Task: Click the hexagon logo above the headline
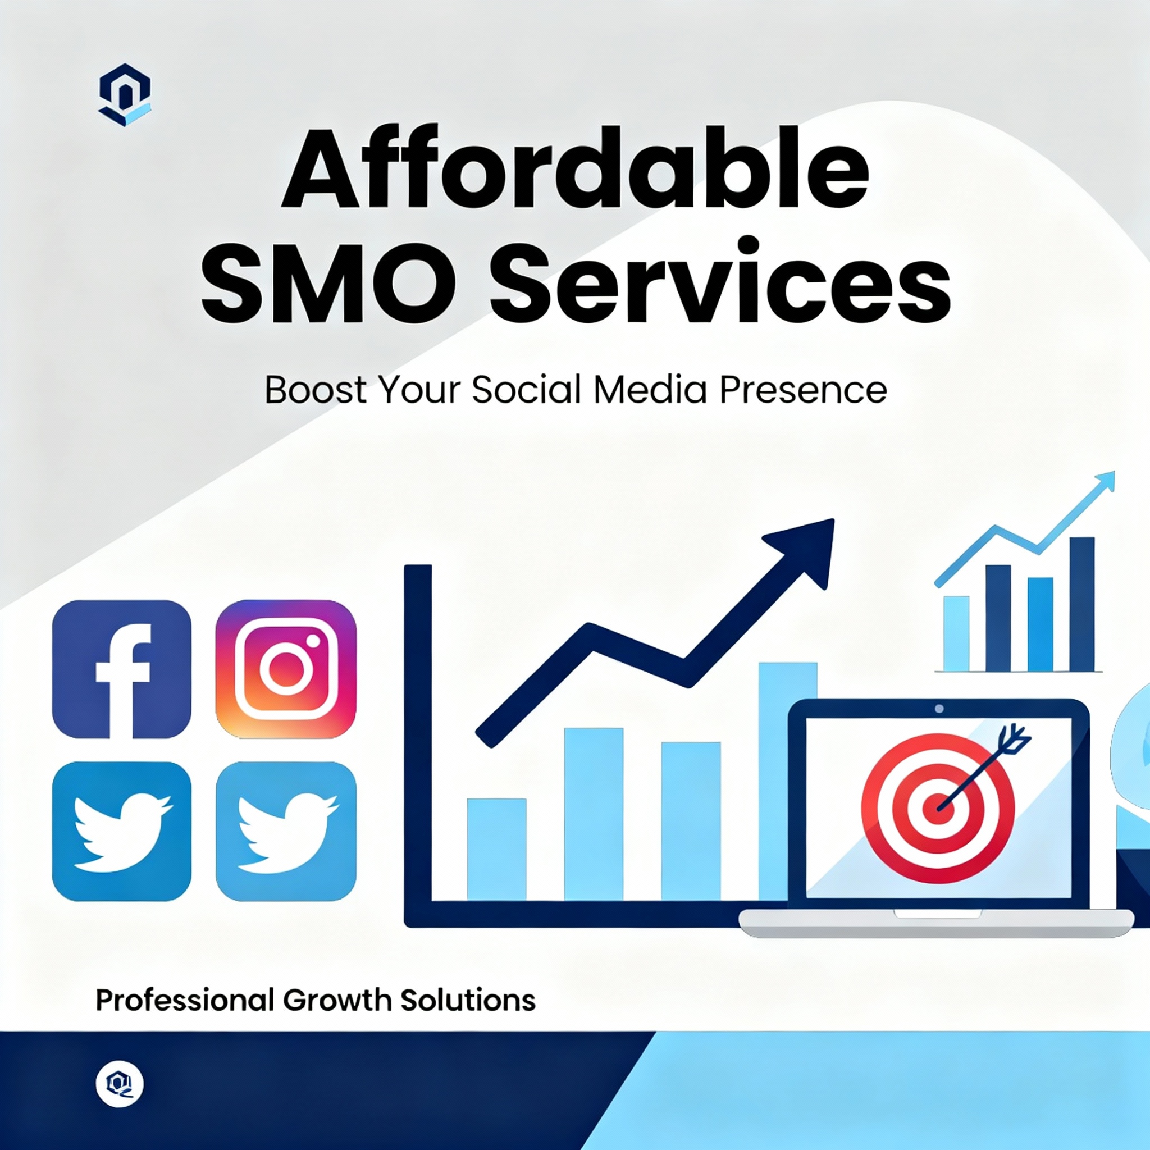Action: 125,94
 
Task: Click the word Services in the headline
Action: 720,280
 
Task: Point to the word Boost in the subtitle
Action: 316,390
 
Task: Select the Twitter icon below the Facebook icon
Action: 122,832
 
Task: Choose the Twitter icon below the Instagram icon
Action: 286,832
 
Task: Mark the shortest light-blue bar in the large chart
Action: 496,849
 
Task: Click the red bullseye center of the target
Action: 938,810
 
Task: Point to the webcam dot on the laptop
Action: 939,709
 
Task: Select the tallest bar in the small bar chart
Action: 1081,604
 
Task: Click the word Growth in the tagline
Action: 336,1000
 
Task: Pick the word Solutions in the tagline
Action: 467,1000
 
